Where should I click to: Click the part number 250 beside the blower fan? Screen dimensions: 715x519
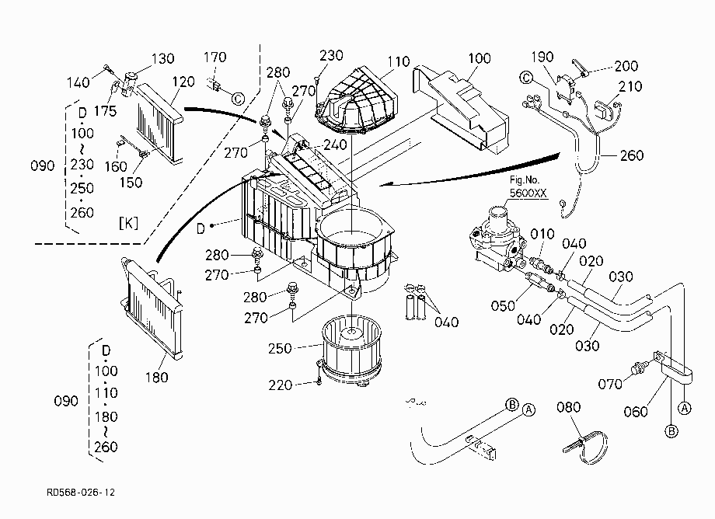[280, 348]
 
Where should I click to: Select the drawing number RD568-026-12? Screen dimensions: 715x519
[81, 492]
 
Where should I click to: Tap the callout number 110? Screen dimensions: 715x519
[399, 61]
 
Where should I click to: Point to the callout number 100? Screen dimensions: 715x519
[480, 58]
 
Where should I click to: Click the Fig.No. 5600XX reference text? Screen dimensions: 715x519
[528, 186]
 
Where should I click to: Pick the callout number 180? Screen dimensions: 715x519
[157, 377]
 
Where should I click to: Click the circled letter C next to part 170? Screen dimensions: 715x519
[238, 99]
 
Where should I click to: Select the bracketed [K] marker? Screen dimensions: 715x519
[128, 223]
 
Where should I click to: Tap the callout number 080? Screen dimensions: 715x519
[568, 406]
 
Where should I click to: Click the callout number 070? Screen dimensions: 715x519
[610, 384]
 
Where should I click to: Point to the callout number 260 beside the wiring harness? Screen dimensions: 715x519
[632, 155]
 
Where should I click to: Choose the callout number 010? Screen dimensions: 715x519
[542, 234]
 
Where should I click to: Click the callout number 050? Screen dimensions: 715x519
[503, 305]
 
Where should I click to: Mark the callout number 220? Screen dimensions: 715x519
[280, 385]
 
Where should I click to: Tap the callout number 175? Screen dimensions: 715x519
[106, 111]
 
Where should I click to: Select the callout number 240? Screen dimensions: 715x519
[335, 145]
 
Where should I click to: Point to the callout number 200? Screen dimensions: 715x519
[626, 66]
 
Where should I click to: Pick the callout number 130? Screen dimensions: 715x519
[162, 58]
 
